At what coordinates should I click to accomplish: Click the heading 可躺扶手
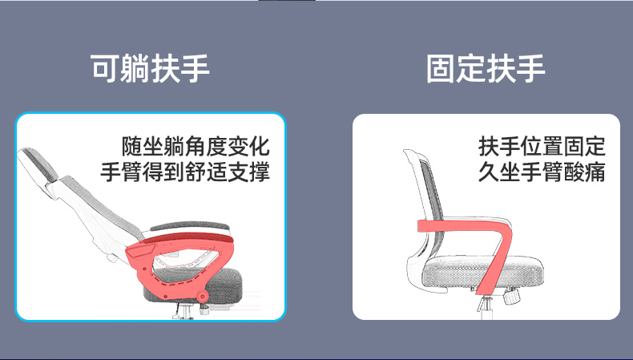(x=150, y=69)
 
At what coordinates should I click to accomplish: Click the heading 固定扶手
(x=486, y=69)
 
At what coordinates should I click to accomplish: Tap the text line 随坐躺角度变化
(x=196, y=146)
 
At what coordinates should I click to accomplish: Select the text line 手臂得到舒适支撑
(x=185, y=172)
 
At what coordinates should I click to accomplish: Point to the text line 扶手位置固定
(x=542, y=146)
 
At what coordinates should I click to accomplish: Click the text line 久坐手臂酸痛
(x=542, y=172)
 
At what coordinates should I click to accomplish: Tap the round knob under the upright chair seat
(x=511, y=297)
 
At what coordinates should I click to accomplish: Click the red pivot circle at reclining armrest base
(x=203, y=297)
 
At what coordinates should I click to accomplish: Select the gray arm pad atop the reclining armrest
(x=190, y=226)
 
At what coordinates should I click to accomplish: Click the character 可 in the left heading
(x=104, y=69)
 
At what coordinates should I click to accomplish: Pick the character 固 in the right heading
(x=441, y=69)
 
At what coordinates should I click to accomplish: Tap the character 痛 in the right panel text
(x=595, y=172)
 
